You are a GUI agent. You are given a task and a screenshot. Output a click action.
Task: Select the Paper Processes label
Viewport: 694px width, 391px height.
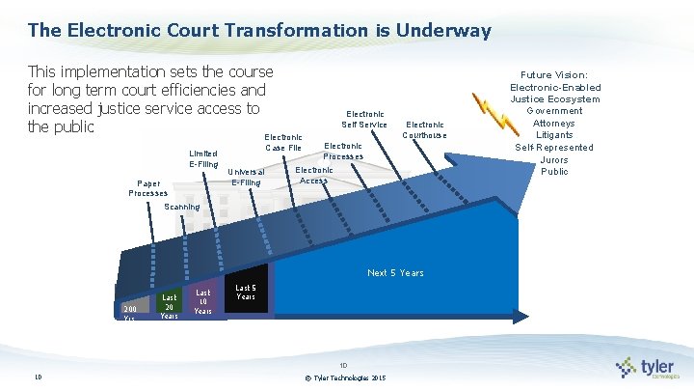click(x=148, y=187)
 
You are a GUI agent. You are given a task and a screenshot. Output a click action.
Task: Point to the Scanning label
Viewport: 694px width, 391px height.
click(x=182, y=207)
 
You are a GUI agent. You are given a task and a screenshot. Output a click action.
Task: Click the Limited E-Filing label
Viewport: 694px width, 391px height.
click(x=203, y=158)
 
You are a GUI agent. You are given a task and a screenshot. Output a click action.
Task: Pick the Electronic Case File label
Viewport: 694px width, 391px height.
click(x=283, y=143)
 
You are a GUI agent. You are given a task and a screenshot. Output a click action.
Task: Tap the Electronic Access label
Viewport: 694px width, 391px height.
click(x=314, y=175)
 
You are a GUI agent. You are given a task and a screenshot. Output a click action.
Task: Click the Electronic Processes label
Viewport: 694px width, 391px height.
click(x=343, y=151)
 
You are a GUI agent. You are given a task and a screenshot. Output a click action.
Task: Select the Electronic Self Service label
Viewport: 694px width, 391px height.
click(x=364, y=119)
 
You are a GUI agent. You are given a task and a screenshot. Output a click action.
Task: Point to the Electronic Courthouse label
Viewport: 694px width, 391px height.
click(x=425, y=129)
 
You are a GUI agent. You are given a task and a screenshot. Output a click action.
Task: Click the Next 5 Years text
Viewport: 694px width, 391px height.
click(x=395, y=273)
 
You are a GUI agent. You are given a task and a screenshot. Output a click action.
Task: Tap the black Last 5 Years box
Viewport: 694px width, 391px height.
click(x=246, y=293)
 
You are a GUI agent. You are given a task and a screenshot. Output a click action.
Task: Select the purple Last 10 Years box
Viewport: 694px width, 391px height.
click(x=203, y=301)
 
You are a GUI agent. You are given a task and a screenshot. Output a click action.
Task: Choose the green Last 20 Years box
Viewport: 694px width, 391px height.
click(x=169, y=306)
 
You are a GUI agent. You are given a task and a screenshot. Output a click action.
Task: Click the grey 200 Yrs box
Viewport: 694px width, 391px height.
click(x=132, y=312)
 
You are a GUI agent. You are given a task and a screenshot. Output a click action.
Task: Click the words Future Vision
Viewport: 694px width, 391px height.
click(x=554, y=74)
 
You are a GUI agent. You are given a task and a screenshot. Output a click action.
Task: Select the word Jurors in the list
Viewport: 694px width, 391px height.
click(x=554, y=159)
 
